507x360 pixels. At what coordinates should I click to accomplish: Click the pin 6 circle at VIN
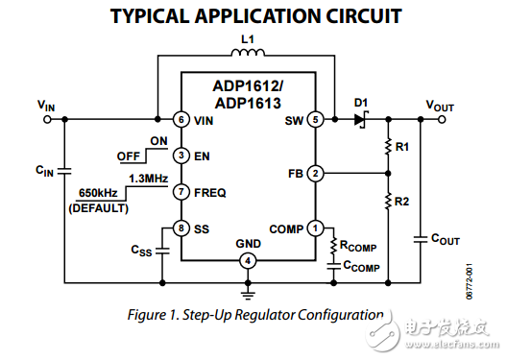pyautogui.click(x=180, y=120)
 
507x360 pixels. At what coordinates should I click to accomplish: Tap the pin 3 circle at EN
pyautogui.click(x=180, y=155)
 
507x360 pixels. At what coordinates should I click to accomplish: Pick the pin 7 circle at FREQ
pyautogui.click(x=180, y=191)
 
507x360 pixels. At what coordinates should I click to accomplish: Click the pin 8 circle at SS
pyautogui.click(x=180, y=228)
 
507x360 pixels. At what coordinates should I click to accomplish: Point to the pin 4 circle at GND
pyautogui.click(x=248, y=260)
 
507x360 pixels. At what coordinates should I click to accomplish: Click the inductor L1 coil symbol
pyautogui.click(x=248, y=56)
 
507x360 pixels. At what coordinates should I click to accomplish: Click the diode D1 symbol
pyautogui.click(x=361, y=120)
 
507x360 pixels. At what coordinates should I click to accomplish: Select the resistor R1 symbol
pyautogui.click(x=388, y=147)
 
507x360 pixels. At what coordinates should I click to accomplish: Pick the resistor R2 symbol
pyautogui.click(x=388, y=202)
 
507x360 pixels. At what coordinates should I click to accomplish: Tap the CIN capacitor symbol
pyautogui.click(x=63, y=170)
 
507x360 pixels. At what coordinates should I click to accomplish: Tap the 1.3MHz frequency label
pyautogui.click(x=149, y=179)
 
